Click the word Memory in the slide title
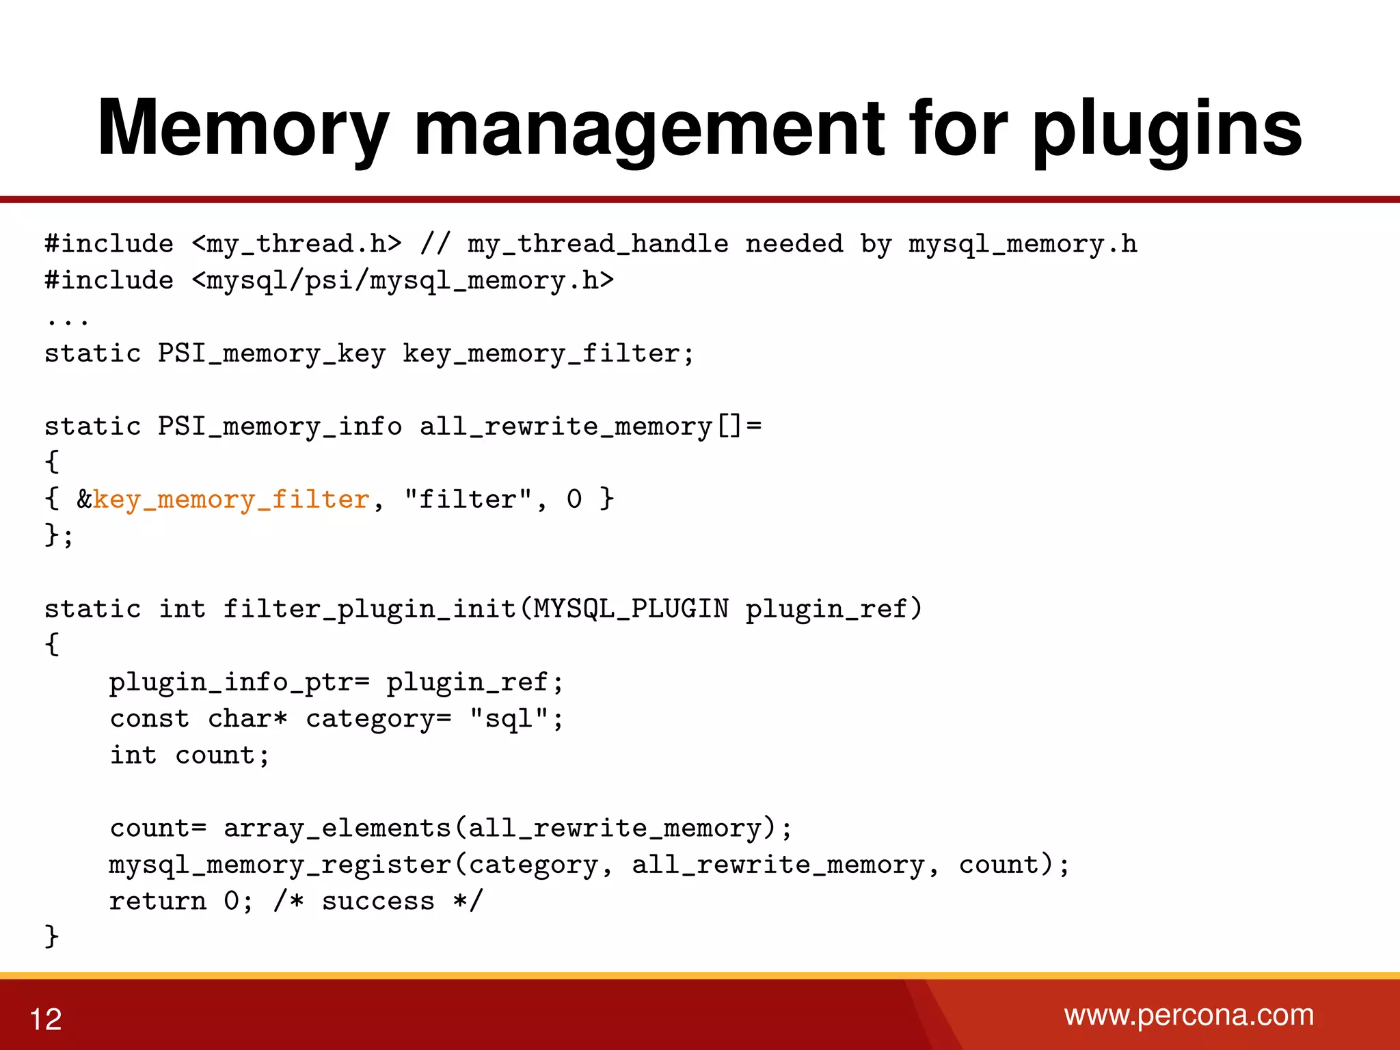[243, 129]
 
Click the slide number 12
[46, 1019]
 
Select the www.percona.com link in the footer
[1189, 1015]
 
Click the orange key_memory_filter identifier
[231, 500]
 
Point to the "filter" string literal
[468, 500]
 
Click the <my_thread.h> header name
[297, 244]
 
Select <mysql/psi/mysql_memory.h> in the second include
[403, 281]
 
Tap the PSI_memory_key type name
[271, 354]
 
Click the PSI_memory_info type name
[280, 427]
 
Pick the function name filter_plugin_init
[369, 609]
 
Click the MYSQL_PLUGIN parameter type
[631, 609]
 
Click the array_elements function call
[337, 829]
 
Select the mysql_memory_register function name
[280, 865]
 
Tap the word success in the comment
[378, 902]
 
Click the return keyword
[158, 902]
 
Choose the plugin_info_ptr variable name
[231, 682]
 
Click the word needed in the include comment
[794, 244]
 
